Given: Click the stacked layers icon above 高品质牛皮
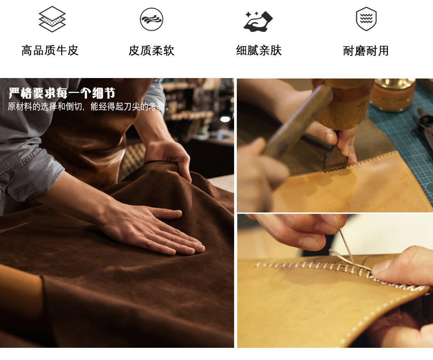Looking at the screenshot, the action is pos(52,19).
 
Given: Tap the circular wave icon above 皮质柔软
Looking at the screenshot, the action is pos(152,19).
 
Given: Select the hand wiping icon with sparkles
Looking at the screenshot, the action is pos(258,21).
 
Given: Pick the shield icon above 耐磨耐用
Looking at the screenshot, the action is pos(366,19).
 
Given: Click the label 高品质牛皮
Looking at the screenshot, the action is pos(50,51).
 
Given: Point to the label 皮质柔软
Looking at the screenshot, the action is pos(152,51).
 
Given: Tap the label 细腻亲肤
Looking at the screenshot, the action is pos(259,51).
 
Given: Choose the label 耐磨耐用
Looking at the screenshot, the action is pos(366,51).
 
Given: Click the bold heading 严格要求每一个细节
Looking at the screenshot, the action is pos(62,93).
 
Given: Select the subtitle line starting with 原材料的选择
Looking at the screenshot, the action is pos(89,106).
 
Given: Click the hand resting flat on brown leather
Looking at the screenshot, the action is pos(155,229).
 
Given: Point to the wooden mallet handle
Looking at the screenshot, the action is pos(298,121).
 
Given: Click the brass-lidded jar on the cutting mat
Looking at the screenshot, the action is pos(393,94).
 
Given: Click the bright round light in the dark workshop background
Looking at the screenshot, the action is pos(225,119).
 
